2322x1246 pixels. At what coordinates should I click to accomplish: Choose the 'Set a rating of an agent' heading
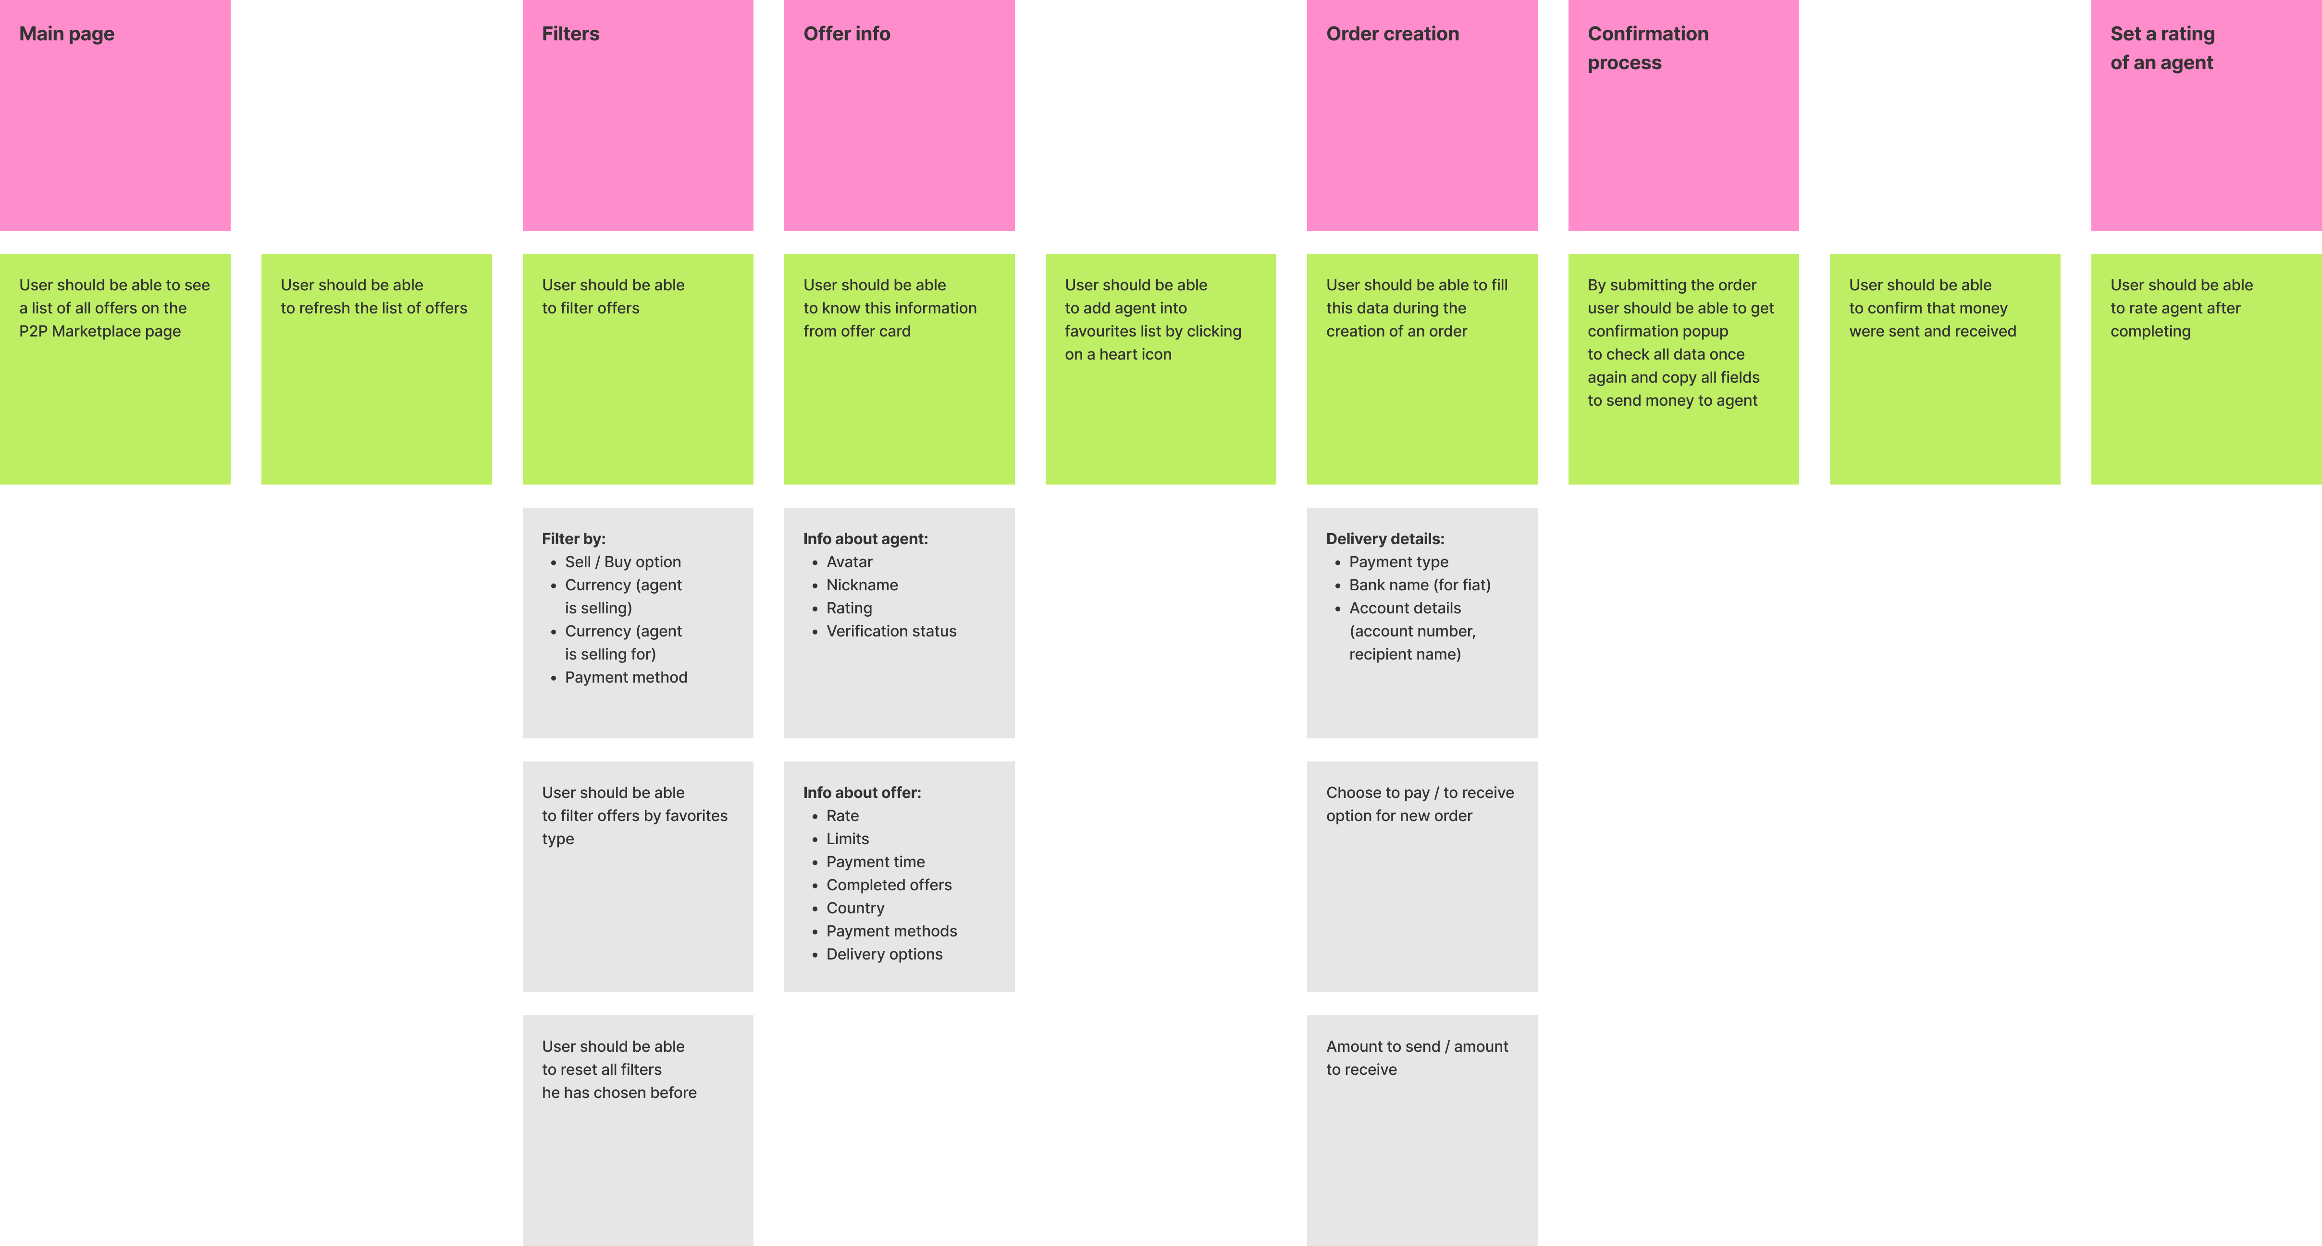(2161, 48)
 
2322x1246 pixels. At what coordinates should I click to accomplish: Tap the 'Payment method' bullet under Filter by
(626, 677)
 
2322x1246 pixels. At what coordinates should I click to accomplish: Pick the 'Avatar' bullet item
(849, 561)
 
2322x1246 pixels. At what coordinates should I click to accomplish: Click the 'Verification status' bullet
(890, 631)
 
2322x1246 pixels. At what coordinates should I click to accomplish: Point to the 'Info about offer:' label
(862, 793)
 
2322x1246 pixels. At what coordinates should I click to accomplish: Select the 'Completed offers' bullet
(889, 885)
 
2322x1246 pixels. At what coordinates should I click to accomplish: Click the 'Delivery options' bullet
(884, 954)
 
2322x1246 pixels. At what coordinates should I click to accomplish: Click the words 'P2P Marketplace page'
(100, 331)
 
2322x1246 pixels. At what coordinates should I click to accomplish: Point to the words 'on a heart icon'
(1118, 354)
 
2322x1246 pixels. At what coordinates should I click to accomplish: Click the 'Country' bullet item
(854, 908)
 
